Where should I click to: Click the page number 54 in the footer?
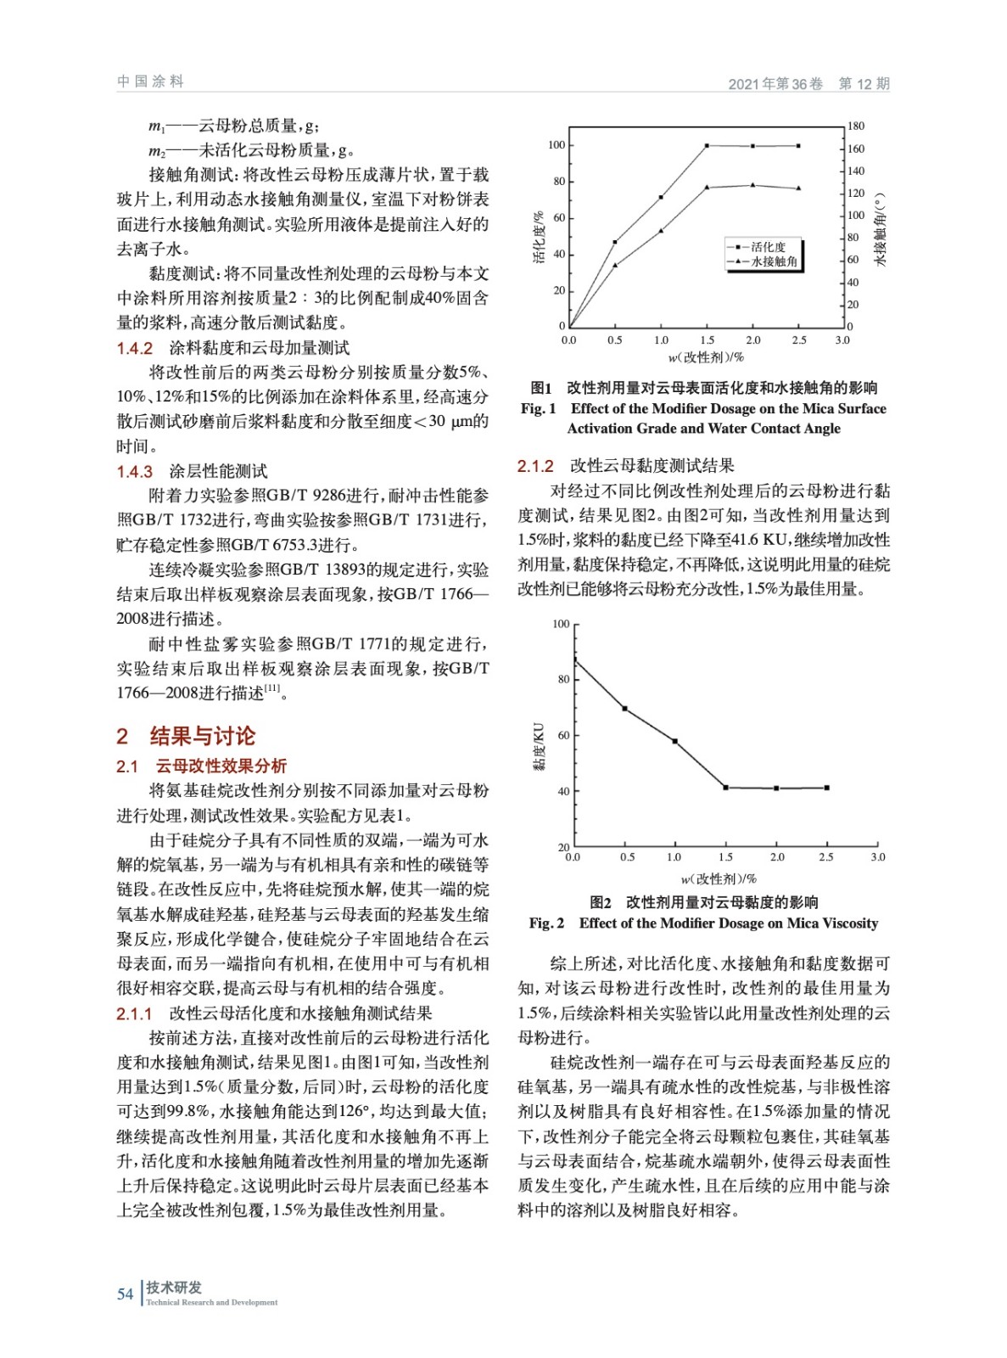point(125,1294)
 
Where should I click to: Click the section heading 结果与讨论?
point(202,736)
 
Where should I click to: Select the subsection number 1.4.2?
point(134,348)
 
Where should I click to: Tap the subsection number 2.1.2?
point(535,466)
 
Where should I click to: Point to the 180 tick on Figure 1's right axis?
point(856,126)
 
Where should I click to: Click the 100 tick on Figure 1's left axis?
point(556,145)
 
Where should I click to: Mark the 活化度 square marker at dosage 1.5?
point(708,146)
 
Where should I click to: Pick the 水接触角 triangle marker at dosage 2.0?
point(753,185)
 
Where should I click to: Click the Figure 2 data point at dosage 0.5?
point(625,709)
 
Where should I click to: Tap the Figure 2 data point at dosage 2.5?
point(827,788)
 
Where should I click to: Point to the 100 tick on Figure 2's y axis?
point(561,624)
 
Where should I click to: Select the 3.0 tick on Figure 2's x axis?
point(878,857)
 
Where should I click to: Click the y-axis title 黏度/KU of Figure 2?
point(539,746)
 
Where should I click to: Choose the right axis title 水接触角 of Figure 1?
point(881,229)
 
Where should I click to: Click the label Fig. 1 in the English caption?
point(539,408)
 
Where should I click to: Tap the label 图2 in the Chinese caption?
point(601,902)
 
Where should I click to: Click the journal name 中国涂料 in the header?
point(150,81)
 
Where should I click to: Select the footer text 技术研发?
point(174,1288)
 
